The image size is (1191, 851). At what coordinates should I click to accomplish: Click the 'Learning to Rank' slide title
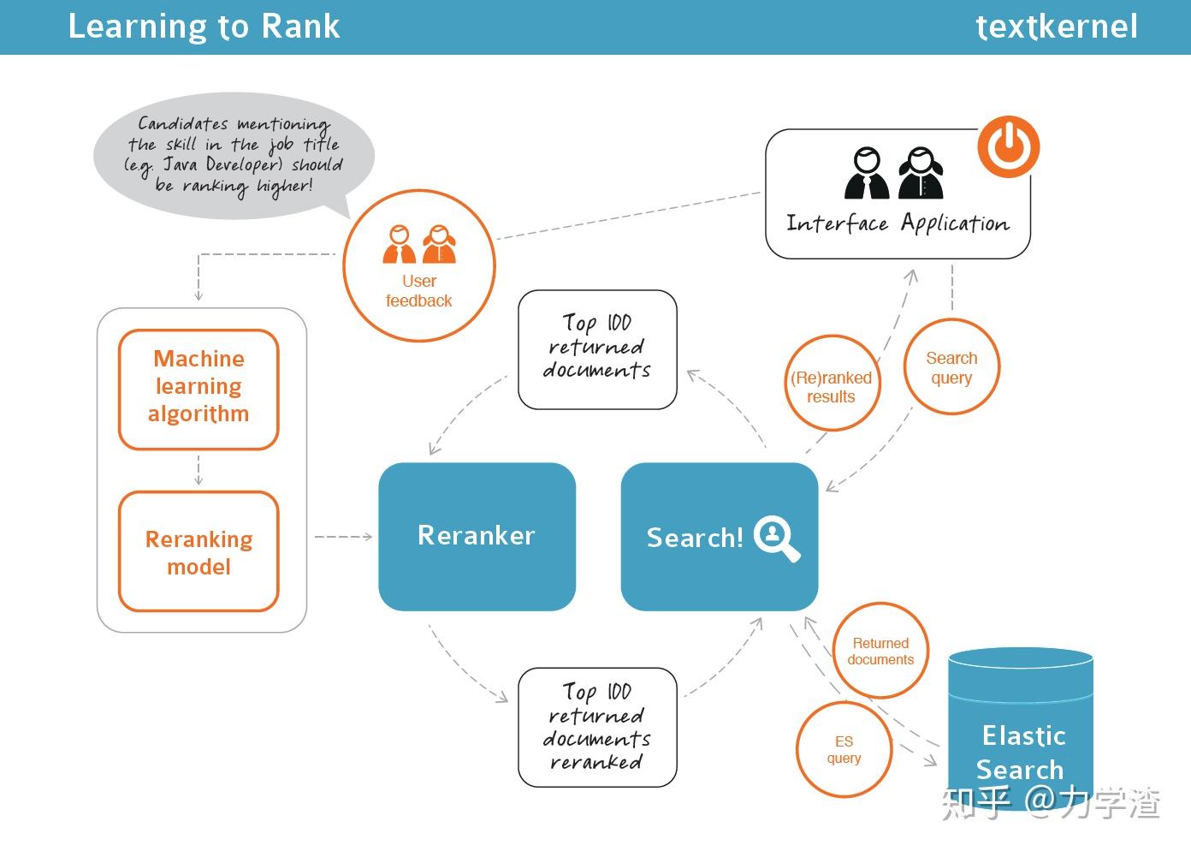(x=204, y=27)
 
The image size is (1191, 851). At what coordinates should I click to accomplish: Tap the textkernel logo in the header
(x=1056, y=27)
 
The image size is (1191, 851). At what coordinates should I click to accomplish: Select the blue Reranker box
(x=477, y=537)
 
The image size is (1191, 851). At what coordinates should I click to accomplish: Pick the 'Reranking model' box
(x=198, y=551)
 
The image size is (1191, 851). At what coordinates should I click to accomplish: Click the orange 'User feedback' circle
(x=418, y=265)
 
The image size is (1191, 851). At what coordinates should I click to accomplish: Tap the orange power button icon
(x=1009, y=146)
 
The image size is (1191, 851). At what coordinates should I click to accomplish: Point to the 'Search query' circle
(x=951, y=367)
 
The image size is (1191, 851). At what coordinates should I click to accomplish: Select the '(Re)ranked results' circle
(x=831, y=383)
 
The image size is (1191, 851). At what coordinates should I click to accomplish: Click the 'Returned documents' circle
(x=880, y=651)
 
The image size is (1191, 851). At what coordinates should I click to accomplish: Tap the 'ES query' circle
(x=844, y=750)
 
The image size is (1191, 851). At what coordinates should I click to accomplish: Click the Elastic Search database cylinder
(x=1021, y=728)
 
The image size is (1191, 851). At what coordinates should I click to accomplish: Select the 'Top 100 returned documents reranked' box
(x=597, y=727)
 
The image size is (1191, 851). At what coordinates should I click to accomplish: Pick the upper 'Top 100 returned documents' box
(x=597, y=348)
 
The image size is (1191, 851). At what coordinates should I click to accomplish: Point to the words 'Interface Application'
(x=897, y=224)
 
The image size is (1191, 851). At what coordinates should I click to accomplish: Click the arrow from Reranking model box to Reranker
(x=343, y=537)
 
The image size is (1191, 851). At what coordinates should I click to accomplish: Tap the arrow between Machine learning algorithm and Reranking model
(x=198, y=470)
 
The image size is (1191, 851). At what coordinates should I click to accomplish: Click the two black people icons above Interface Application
(x=893, y=174)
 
